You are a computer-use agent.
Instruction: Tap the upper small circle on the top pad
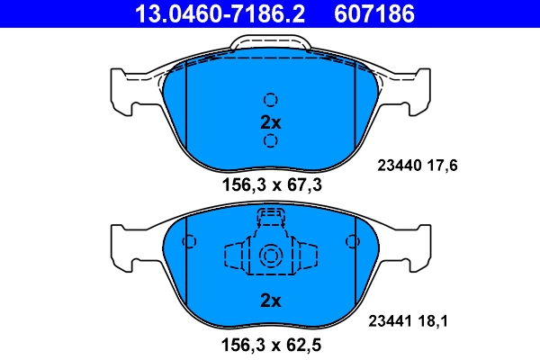coord(270,100)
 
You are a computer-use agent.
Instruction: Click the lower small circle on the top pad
coord(270,141)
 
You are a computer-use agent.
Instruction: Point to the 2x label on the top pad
coord(270,121)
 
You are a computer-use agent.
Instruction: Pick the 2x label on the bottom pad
coord(270,300)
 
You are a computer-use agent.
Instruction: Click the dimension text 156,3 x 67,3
coord(270,186)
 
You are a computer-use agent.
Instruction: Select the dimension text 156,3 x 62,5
coord(270,343)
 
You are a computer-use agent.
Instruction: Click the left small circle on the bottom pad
coord(189,242)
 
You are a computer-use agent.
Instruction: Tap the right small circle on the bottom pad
coord(351,242)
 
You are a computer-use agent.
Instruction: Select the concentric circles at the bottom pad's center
coord(270,256)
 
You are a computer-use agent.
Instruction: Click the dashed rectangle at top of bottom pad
coord(270,217)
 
